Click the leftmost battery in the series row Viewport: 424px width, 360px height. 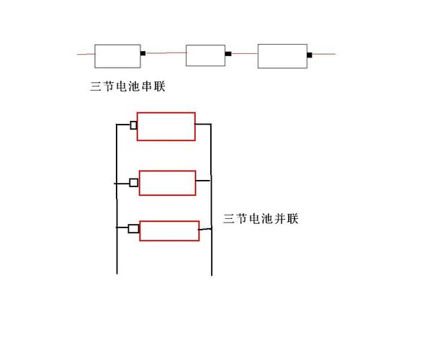coord(117,55)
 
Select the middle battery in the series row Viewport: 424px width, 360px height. coord(206,55)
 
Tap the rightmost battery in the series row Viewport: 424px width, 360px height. coord(282,55)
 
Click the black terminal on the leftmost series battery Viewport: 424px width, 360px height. coord(143,53)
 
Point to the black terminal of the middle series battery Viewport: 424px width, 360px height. coord(228,53)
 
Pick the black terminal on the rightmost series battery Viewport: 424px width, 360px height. coord(310,54)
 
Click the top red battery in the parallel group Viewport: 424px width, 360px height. coord(166,126)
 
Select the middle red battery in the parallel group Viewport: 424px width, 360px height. coord(167,183)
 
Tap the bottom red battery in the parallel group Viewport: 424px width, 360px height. coord(168,230)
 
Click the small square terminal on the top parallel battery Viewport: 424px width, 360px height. coord(133,125)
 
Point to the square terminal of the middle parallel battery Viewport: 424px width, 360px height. coord(133,183)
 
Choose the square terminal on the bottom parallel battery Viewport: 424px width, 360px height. coord(133,229)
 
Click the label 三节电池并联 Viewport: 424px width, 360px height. coord(261,218)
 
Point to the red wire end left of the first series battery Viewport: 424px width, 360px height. coord(86,53)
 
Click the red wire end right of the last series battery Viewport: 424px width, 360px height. coord(323,54)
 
